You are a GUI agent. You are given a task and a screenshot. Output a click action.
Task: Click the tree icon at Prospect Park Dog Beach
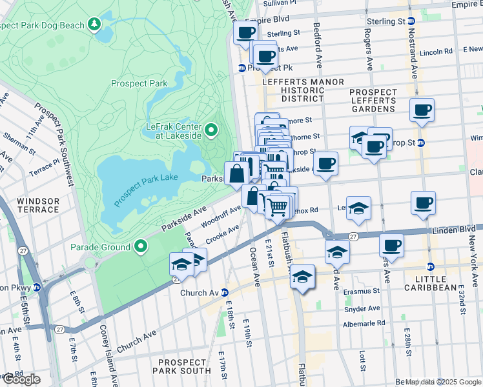click(x=95, y=25)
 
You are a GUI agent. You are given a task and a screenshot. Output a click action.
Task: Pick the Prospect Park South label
click(x=184, y=366)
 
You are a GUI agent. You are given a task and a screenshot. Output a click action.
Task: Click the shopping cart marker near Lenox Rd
click(x=278, y=208)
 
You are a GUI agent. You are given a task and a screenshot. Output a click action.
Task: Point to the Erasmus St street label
click(x=362, y=292)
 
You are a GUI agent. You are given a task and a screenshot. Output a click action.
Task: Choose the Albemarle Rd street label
click(x=363, y=322)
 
